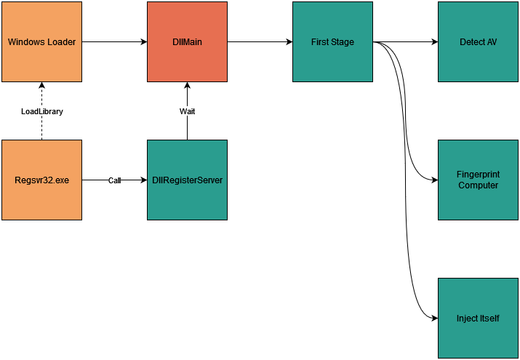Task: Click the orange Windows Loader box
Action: pyautogui.click(x=41, y=41)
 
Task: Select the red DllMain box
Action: pyautogui.click(x=187, y=41)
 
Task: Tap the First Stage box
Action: pyautogui.click(x=332, y=41)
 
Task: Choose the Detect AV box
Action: pyautogui.click(x=478, y=41)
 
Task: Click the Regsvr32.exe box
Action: pyautogui.click(x=41, y=180)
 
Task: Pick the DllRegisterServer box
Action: pyautogui.click(x=187, y=180)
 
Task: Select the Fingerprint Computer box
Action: pyautogui.click(x=478, y=180)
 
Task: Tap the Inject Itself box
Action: pyautogui.click(x=478, y=318)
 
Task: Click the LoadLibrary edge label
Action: pyautogui.click(x=41, y=111)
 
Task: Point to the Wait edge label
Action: pyautogui.click(x=187, y=111)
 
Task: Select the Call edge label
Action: pyautogui.click(x=114, y=180)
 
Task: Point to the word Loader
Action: pyautogui.click(x=60, y=42)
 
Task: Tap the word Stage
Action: pyautogui.click(x=343, y=42)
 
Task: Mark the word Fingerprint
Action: pyautogui.click(x=478, y=175)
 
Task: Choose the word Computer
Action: pyautogui.click(x=478, y=185)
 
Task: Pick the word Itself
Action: pyautogui.click(x=489, y=319)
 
